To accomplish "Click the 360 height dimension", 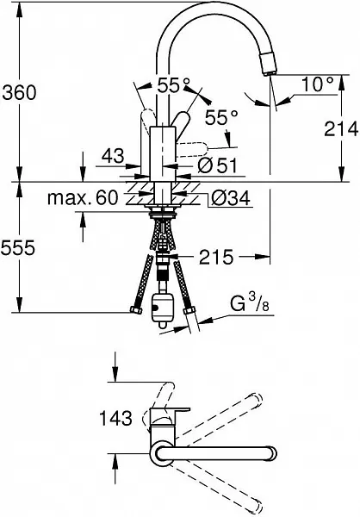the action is pyautogui.click(x=20, y=93).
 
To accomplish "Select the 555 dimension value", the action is pyautogui.click(x=18, y=247).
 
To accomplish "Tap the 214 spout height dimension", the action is pyautogui.click(x=341, y=128).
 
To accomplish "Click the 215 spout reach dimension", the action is pyautogui.click(x=216, y=257).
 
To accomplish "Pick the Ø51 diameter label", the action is pyautogui.click(x=218, y=165).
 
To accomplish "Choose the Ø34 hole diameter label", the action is pyautogui.click(x=231, y=198).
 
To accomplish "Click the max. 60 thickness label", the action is pyautogui.click(x=83, y=198).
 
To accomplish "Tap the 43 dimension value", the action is pyautogui.click(x=113, y=156).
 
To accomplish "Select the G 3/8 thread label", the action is pyautogui.click(x=250, y=303).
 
